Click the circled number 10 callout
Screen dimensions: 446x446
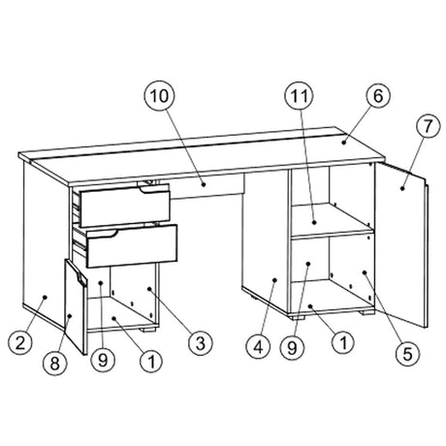[159, 96]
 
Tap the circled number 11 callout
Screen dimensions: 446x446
[299, 96]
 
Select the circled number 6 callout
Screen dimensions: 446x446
[378, 96]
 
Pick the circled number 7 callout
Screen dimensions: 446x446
[428, 127]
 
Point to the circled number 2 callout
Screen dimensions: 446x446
[20, 342]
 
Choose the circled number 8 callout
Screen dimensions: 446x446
[55, 363]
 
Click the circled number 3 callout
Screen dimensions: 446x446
[201, 343]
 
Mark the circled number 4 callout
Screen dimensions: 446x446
[258, 347]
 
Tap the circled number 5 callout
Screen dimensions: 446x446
[408, 354]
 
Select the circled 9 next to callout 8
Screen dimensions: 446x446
[103, 360]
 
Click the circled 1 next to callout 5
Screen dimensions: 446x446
[343, 342]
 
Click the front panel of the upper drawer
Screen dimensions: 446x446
[125, 205]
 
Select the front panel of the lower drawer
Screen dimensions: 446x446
[132, 246]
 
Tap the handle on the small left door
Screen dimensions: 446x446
[80, 278]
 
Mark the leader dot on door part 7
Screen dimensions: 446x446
[402, 188]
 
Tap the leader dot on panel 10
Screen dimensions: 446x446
[204, 184]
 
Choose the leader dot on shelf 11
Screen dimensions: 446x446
[314, 222]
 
